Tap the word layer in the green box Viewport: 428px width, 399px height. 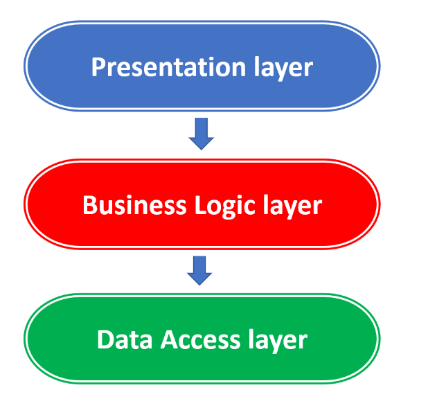coord(277,339)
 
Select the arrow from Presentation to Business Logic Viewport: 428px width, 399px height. coord(202,133)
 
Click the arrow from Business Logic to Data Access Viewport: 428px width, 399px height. coord(200,270)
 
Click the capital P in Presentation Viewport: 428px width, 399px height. coord(98,68)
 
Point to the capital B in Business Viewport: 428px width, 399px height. coord(89,206)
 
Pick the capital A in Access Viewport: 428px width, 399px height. coord(170,339)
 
